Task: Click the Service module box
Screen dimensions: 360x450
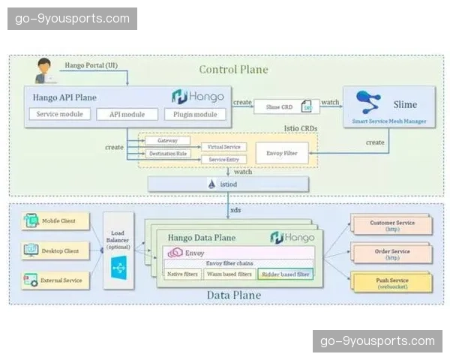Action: tap(60, 114)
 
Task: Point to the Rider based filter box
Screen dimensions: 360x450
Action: tap(284, 274)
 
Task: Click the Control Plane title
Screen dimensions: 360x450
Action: tap(233, 70)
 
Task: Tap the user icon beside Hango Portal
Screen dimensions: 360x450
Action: tap(46, 70)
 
